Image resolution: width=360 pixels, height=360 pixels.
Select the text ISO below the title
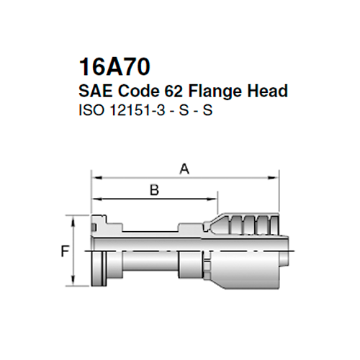click(88, 111)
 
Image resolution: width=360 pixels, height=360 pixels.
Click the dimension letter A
click(184, 169)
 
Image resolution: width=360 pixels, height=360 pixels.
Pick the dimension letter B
click(153, 190)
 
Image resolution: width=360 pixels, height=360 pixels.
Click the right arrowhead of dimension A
click(274, 176)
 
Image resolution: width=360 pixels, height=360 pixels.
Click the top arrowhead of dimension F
click(74, 217)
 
